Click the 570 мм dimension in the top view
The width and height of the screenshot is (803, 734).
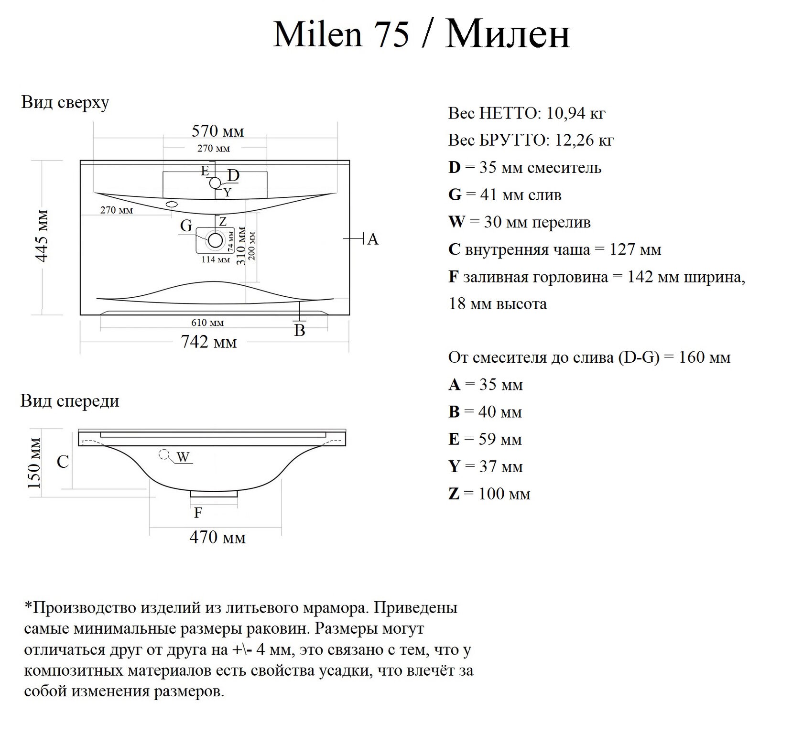(217, 131)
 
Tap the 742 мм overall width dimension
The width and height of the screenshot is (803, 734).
(209, 342)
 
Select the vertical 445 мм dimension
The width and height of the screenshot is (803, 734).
(43, 236)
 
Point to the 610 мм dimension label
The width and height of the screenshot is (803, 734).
(208, 323)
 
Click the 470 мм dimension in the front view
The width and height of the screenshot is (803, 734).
(217, 537)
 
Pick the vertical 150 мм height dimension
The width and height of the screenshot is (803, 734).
(34, 463)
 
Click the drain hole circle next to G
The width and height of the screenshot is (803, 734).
(216, 240)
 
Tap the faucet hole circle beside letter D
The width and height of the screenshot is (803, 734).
(215, 183)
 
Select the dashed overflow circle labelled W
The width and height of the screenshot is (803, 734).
(164, 454)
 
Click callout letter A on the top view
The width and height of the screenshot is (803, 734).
(373, 239)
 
